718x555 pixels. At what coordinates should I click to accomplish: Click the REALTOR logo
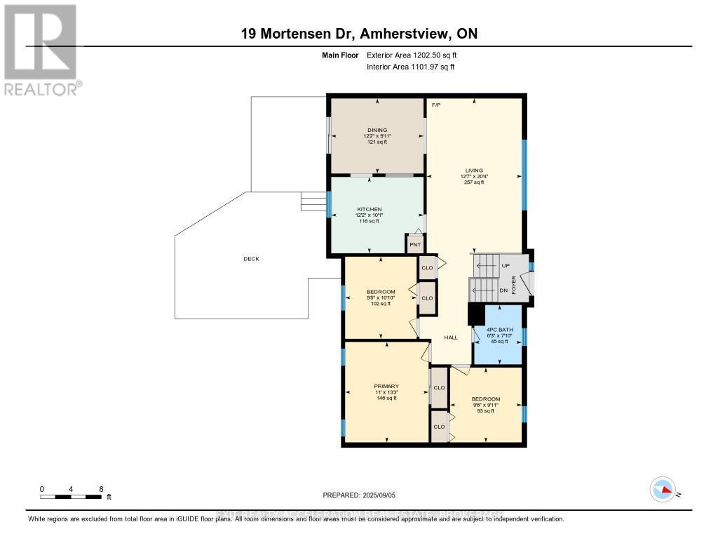tap(41, 49)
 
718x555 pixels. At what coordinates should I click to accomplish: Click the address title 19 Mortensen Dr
tap(358, 34)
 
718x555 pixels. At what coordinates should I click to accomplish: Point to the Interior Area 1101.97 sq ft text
tap(410, 67)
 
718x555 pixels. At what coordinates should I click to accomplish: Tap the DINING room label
tap(377, 130)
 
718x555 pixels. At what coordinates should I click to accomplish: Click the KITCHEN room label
tap(369, 210)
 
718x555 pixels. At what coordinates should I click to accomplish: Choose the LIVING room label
tap(474, 170)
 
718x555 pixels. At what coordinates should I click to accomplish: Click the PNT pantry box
tap(415, 245)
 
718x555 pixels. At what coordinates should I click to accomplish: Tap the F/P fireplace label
tap(435, 105)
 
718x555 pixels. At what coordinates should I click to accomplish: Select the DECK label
tap(251, 259)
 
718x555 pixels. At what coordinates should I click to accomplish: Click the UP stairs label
tap(506, 266)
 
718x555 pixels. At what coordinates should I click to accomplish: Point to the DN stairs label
tap(503, 290)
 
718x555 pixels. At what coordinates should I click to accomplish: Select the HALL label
tap(451, 337)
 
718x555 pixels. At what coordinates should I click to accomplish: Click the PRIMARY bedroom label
tap(386, 386)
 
